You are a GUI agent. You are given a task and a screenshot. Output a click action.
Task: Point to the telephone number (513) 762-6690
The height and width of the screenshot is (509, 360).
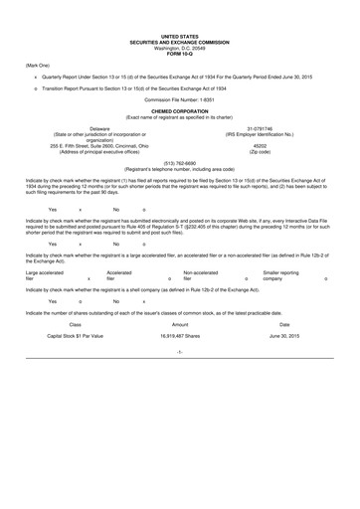[179, 164]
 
